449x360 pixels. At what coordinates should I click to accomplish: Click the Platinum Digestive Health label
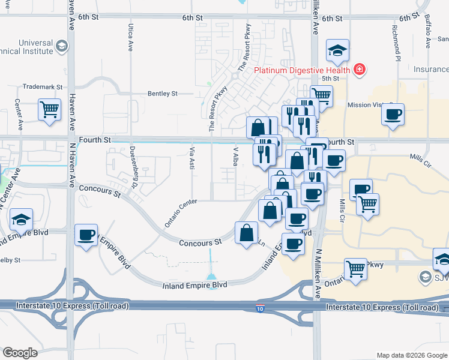(303, 70)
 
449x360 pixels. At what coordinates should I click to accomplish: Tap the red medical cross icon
(360, 70)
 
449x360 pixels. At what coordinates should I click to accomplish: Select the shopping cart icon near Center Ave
(49, 110)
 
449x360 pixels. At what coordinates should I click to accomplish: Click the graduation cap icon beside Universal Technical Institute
(61, 46)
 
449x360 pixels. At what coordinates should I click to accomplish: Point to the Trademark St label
(43, 87)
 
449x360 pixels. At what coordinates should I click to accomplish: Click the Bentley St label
(163, 94)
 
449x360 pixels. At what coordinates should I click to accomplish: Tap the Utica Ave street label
(130, 37)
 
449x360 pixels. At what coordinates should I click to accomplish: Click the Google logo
(20, 353)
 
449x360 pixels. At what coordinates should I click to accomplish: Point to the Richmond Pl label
(396, 44)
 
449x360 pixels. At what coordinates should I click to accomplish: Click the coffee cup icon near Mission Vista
(393, 114)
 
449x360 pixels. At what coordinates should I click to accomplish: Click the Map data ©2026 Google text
(411, 355)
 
